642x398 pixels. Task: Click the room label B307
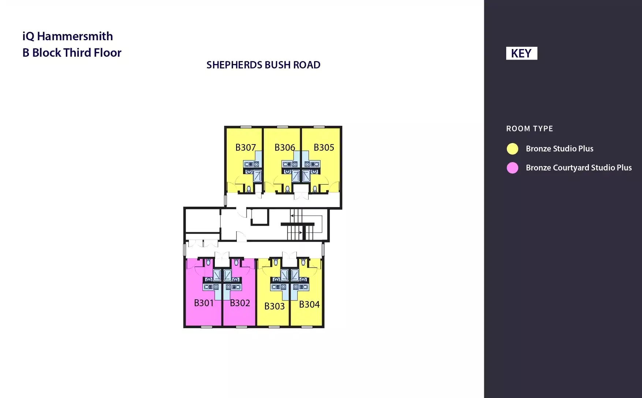(245, 147)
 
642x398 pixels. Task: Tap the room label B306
(285, 147)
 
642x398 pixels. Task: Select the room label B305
(324, 147)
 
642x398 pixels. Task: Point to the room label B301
(204, 303)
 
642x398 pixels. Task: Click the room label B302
(240, 303)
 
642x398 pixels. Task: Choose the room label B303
(275, 306)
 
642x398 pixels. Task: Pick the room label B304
(309, 304)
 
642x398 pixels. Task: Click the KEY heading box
(521, 53)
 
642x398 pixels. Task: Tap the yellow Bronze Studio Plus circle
(512, 149)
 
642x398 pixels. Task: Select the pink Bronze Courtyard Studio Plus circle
(512, 168)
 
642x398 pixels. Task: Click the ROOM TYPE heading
(530, 129)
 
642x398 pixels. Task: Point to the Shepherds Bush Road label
(263, 65)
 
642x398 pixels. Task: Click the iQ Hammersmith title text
(68, 36)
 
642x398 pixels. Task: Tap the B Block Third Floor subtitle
(72, 53)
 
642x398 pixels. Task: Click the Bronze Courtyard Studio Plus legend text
(579, 168)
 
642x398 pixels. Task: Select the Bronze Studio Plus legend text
(559, 149)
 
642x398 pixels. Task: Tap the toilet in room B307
(249, 189)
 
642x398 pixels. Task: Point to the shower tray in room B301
(217, 275)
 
